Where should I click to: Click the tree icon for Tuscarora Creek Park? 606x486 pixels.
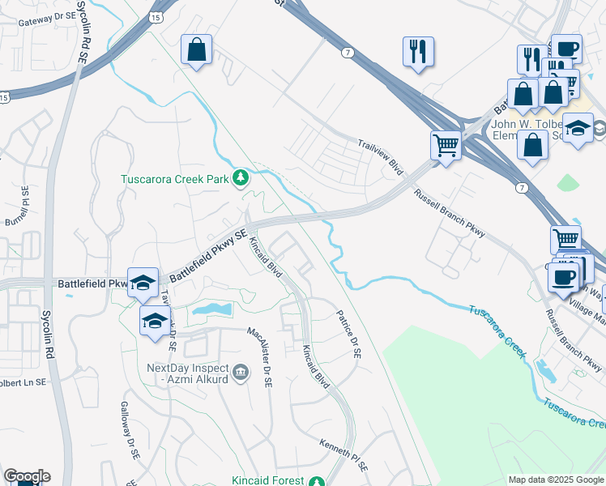pyautogui.click(x=241, y=178)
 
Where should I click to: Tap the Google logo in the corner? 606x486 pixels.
pyautogui.click(x=26, y=476)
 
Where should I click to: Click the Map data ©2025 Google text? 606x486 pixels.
pyautogui.click(x=556, y=480)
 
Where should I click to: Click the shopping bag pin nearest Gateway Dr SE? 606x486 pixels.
pyautogui.click(x=196, y=50)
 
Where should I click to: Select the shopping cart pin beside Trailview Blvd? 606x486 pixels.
pyautogui.click(x=445, y=146)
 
